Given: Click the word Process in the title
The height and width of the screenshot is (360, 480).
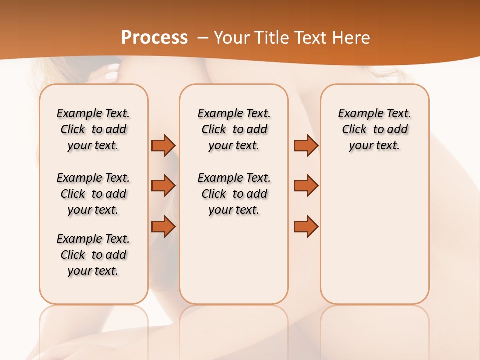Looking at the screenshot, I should tap(154, 38).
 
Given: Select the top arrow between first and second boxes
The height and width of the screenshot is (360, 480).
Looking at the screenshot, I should tap(163, 145).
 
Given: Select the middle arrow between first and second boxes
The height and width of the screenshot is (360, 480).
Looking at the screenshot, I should tap(163, 186).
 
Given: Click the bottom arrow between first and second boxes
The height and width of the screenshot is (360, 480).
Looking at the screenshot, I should tap(163, 227).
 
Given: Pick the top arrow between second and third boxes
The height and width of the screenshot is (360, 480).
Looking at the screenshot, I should tap(306, 145).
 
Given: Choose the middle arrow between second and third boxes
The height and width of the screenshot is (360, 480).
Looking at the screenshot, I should tap(306, 186).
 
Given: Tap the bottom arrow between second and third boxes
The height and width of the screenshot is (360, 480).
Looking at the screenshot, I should tap(306, 227).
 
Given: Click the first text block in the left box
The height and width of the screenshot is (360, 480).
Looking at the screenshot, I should tap(93, 129).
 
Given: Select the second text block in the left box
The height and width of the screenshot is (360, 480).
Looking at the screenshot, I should tap(93, 194).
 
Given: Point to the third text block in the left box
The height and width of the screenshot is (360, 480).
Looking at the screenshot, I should tap(93, 255).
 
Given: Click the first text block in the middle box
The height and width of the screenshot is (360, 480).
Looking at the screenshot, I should tap(234, 129).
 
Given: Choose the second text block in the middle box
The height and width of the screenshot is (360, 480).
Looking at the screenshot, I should tap(234, 194).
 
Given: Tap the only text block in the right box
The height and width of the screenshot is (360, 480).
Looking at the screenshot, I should tap(374, 129).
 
